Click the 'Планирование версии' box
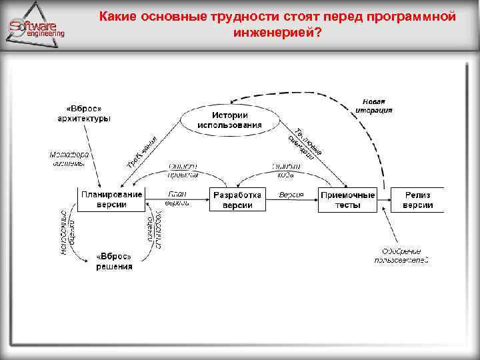click(x=111, y=199)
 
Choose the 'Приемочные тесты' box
click(x=348, y=199)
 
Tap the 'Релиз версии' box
click(x=419, y=199)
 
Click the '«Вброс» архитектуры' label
click(x=83, y=113)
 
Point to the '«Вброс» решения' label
click(x=114, y=261)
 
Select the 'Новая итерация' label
click(x=373, y=106)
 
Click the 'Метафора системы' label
click(x=69, y=159)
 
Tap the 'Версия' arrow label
click(x=291, y=195)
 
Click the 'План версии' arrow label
click(x=177, y=197)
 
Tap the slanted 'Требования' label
click(x=141, y=151)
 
